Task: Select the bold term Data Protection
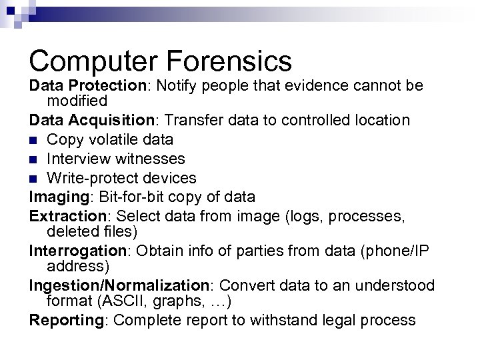84,87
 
